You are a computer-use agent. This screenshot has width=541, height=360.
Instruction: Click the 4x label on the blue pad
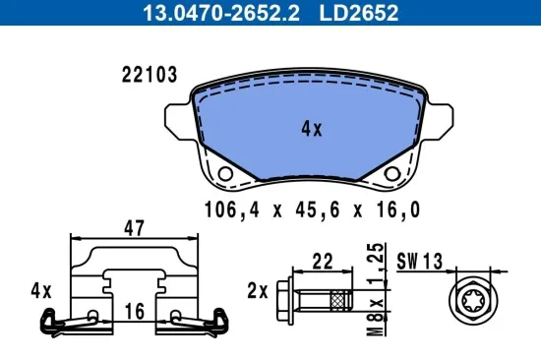click(x=311, y=127)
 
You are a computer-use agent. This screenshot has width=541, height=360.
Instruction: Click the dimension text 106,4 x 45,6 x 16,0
click(x=312, y=208)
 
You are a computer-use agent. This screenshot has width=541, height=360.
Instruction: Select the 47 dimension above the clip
click(x=134, y=228)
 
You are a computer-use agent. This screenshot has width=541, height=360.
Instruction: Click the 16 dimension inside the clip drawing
click(x=134, y=311)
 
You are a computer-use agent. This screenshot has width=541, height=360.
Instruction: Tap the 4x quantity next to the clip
click(x=40, y=291)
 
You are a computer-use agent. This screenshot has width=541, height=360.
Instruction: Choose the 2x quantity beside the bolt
click(x=258, y=291)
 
